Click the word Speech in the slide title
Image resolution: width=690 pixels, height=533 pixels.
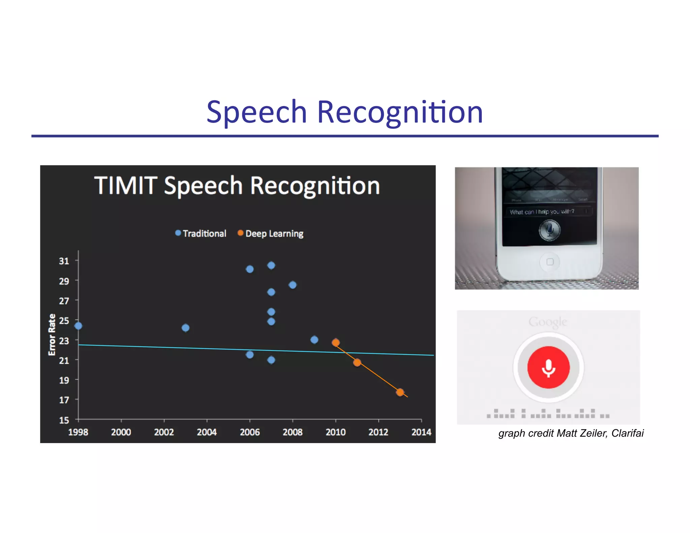256,113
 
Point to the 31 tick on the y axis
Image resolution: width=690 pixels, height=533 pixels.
64,261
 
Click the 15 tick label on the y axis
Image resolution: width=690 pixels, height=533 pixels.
64,420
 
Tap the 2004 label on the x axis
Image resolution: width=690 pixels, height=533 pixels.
207,432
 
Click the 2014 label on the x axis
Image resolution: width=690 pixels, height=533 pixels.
421,432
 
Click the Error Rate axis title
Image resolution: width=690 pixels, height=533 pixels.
52,335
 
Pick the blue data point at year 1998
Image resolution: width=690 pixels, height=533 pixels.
78,326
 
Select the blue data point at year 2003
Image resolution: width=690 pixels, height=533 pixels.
185,328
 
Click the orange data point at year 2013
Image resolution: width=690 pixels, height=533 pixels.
400,392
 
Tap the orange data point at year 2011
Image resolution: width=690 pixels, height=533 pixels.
357,363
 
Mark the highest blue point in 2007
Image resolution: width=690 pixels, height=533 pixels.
271,265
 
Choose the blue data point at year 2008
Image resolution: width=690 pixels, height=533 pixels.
292,285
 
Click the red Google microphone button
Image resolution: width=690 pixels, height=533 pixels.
548,367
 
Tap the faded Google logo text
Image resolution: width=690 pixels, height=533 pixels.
547,322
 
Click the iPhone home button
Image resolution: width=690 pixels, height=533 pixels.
550,262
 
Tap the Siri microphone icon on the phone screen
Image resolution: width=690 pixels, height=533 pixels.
549,230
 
